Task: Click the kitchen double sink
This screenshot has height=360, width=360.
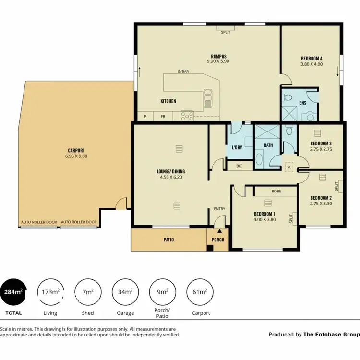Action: (209, 97)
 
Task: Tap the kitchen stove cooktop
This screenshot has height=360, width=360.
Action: (186, 115)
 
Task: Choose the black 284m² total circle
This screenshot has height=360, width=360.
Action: (13, 292)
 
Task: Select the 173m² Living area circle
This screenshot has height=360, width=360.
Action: (50, 292)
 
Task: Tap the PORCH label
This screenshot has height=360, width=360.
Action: (218, 240)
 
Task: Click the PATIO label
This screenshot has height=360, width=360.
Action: (168, 240)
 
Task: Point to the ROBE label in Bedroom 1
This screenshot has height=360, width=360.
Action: (276, 191)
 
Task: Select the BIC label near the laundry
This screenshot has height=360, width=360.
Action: (239, 166)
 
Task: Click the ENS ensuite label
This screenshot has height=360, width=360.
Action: (303, 102)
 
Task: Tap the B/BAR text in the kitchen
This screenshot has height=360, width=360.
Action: (183, 72)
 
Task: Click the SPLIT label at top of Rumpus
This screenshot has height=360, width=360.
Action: (225, 33)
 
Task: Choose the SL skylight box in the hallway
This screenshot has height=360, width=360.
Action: (289, 167)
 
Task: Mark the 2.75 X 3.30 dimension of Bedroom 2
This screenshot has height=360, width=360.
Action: (321, 204)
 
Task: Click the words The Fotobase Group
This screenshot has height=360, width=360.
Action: (331, 335)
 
